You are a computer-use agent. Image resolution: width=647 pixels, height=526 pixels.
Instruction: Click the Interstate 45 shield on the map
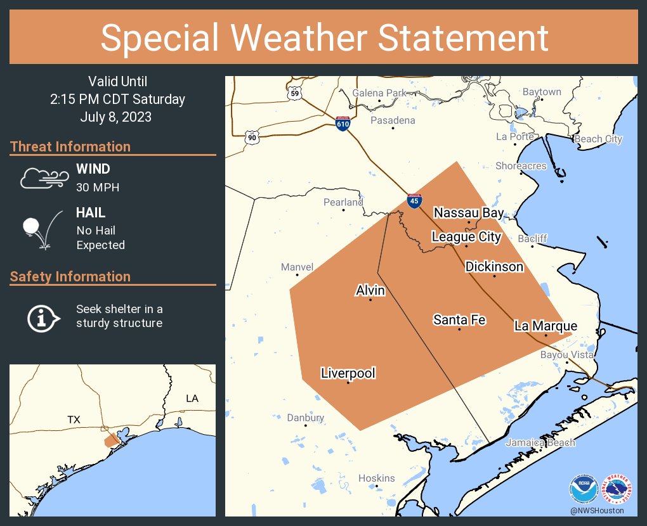[x=414, y=201]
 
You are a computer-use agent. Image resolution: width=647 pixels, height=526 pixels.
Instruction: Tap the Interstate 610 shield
[x=343, y=123]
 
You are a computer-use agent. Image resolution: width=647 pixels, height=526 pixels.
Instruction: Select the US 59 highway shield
[x=294, y=93]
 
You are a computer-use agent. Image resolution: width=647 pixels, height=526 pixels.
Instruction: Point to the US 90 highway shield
[x=252, y=136]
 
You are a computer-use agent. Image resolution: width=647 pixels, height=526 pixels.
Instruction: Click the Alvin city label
[x=370, y=290]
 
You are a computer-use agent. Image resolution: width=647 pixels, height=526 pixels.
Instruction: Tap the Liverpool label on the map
[x=348, y=373]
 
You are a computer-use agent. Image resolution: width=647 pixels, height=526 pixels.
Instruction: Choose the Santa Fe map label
[x=459, y=320]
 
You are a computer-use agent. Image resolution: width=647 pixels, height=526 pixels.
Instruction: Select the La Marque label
[x=546, y=326]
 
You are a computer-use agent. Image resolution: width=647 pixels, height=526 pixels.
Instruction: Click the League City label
[x=466, y=237]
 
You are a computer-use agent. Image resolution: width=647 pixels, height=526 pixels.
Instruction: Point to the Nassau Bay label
[x=469, y=213]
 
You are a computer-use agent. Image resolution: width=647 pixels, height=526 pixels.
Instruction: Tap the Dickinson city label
[x=494, y=267]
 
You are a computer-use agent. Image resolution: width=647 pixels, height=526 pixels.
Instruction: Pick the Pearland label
[x=343, y=202]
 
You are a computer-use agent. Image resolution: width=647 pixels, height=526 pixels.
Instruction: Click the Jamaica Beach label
[x=540, y=442]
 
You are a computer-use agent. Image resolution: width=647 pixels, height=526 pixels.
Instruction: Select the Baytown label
[x=542, y=92]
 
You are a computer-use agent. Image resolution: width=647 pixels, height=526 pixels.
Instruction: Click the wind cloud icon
[x=44, y=178]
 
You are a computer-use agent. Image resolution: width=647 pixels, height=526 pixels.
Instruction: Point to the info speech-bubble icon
[x=42, y=317]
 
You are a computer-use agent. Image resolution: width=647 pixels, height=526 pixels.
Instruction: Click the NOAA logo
[x=584, y=489]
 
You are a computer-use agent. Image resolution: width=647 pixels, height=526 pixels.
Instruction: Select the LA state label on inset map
[x=192, y=398]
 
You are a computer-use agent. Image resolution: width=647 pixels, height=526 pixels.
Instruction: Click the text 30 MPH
[x=98, y=187]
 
